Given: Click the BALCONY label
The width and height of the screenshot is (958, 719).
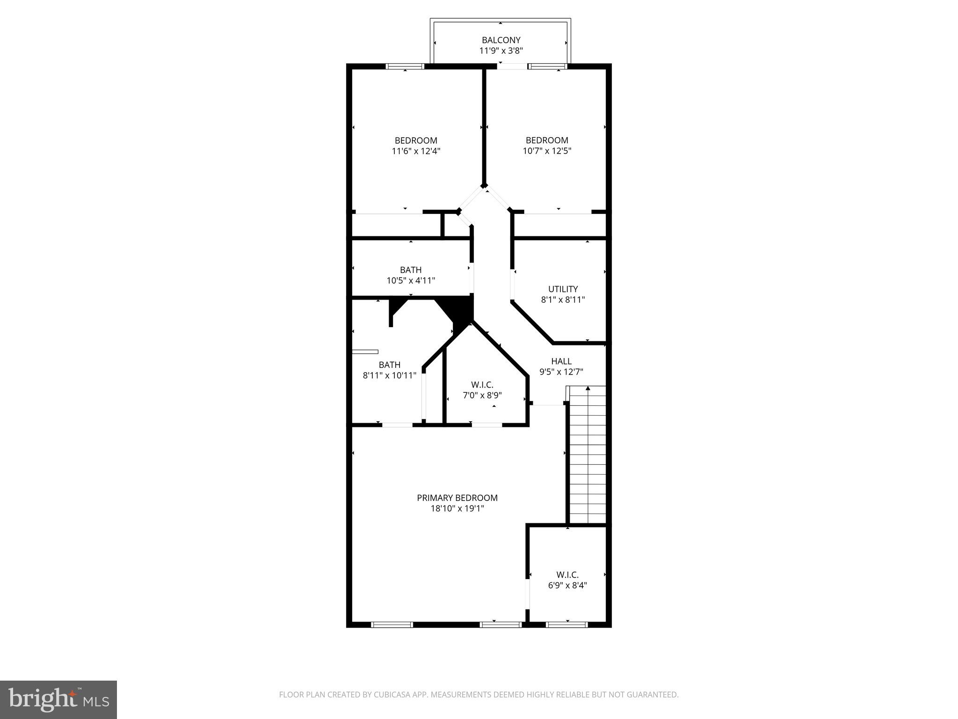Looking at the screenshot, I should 501,40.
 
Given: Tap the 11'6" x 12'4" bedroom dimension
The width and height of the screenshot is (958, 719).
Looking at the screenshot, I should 416,151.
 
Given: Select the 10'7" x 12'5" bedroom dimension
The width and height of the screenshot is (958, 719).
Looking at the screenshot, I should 547,151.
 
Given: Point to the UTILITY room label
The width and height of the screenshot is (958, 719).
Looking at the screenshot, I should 563,289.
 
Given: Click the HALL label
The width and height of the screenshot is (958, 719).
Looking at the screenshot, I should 561,361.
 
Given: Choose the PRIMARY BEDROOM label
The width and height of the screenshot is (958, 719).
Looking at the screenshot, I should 457,498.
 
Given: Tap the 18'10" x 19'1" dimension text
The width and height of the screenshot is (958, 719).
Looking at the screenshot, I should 457,509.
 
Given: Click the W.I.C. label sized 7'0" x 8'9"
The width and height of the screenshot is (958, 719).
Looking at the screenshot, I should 482,385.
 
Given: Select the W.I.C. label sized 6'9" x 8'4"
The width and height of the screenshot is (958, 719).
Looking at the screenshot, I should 567,575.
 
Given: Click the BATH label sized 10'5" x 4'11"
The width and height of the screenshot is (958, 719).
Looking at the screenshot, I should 411,270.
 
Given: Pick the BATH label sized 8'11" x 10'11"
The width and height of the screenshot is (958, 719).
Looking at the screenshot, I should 389,365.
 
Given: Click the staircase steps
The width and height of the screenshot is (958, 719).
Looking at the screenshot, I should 587,459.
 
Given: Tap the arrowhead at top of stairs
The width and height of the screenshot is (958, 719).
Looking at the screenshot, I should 588,388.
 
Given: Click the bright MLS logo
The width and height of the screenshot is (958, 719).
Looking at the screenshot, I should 58,700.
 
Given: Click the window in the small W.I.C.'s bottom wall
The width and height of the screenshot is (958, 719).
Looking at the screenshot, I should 567,624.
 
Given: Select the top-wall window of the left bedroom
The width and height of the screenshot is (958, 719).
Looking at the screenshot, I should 405,66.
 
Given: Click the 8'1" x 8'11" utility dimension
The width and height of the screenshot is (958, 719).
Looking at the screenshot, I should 563,300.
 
